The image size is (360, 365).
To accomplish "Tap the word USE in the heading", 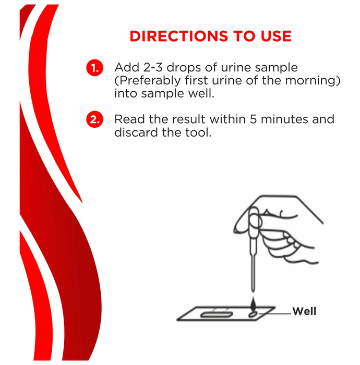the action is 276,36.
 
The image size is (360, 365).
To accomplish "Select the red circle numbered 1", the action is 95,68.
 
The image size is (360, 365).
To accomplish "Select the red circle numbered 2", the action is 95,119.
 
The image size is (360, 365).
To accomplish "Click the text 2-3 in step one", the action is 152,67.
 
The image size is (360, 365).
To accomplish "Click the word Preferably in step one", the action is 149,81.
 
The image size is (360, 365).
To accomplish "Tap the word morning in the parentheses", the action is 310,81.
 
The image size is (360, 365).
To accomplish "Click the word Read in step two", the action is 130,119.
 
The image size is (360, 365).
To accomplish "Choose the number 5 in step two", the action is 254,119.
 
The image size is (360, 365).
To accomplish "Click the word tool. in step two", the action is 198,132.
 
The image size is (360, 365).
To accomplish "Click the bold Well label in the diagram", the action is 304,311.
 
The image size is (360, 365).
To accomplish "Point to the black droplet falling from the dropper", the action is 253,304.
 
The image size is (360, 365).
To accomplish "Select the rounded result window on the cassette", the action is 217,315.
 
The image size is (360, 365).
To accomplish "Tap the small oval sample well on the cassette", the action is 253,314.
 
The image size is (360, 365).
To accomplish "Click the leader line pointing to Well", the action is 275,314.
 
